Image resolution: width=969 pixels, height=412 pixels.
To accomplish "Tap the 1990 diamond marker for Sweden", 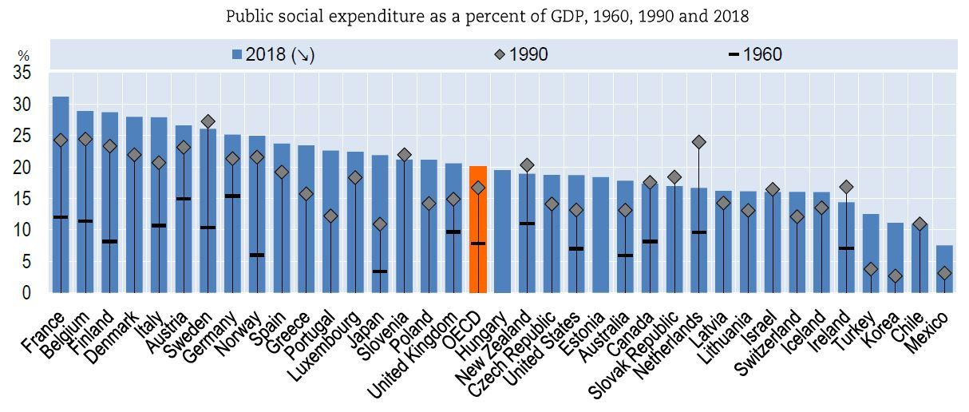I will coord(208,121).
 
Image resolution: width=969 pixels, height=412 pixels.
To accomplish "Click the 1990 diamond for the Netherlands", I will coord(699,142).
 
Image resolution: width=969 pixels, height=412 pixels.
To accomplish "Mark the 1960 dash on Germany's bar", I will coord(232,196).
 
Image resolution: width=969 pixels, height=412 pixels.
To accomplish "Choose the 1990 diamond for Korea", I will coord(896,276).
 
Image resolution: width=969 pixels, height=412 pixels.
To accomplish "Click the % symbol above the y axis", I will coord(23,57).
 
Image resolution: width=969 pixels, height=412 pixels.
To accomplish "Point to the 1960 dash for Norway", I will coord(257,255).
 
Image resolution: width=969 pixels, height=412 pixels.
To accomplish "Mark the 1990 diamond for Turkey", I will coord(871,270).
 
